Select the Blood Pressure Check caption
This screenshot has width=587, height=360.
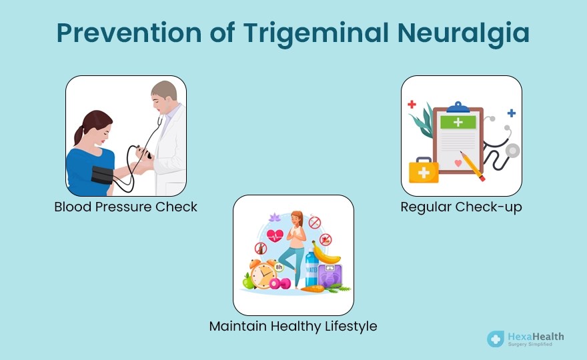(126, 207)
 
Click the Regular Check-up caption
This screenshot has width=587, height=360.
(461, 207)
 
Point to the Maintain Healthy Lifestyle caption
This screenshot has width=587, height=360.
(293, 326)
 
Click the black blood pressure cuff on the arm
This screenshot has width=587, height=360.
(102, 175)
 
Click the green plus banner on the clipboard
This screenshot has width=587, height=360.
(458, 122)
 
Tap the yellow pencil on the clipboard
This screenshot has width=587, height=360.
(472, 166)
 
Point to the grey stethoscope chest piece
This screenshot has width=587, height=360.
(513, 151)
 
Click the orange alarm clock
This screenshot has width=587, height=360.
(263, 274)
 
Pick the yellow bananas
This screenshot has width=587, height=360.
(325, 255)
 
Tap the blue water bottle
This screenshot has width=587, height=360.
(312, 267)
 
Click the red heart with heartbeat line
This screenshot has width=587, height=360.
(275, 236)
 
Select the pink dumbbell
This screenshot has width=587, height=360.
(279, 283)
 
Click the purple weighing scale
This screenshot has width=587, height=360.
(330, 275)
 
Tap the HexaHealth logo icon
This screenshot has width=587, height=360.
(496, 339)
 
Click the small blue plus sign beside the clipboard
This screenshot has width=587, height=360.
(512, 113)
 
